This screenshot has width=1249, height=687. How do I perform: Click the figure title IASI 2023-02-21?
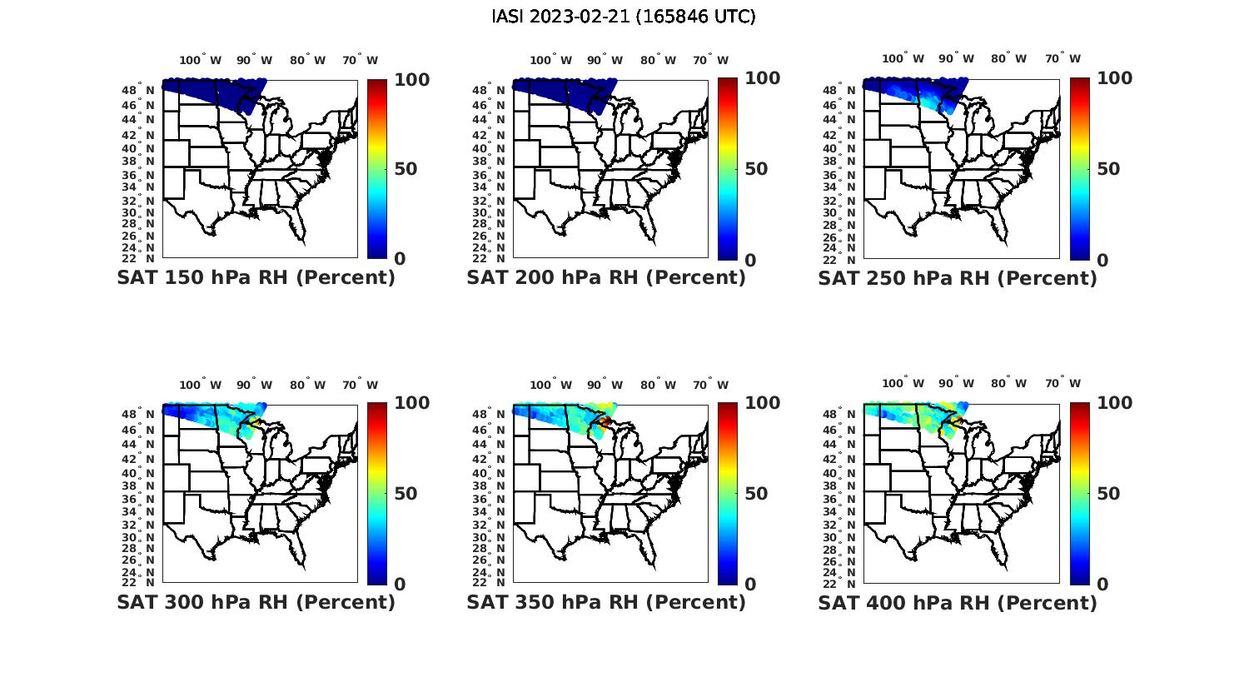[624, 17]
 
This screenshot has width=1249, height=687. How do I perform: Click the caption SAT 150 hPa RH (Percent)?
[256, 278]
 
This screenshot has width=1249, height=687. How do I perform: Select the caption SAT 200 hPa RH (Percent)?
[606, 278]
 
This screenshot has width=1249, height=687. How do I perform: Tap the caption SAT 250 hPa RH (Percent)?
[958, 278]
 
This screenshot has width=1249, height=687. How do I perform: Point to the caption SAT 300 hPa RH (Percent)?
[256, 602]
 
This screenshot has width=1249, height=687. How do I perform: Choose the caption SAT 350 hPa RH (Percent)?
[606, 602]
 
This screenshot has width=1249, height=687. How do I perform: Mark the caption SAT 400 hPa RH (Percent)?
[958, 602]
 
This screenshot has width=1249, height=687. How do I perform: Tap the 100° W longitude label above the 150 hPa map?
[201, 60]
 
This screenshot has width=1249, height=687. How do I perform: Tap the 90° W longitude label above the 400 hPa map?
[956, 383]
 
